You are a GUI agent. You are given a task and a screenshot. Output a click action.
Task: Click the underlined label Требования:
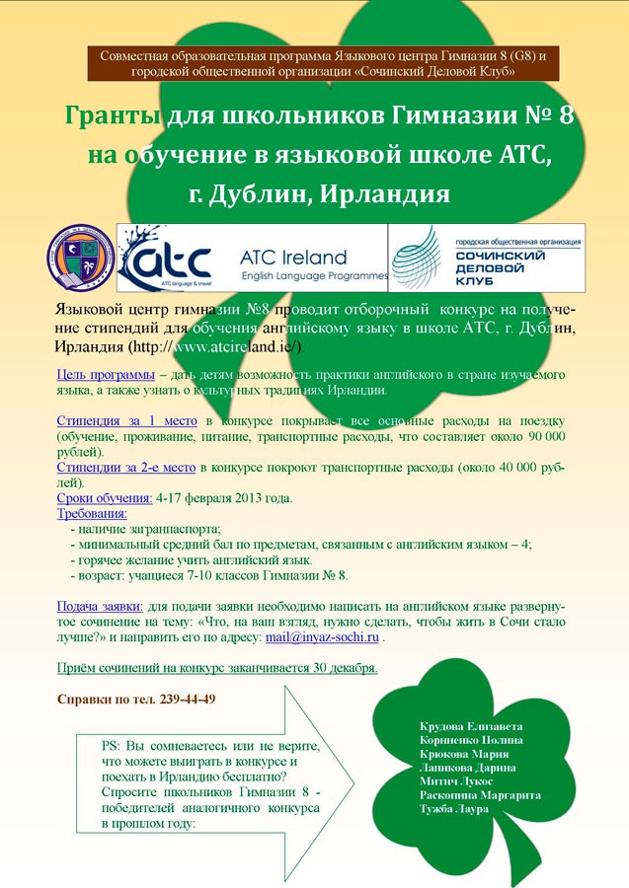pos(92,514)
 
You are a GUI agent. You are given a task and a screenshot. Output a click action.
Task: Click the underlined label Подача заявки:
pos(101,608)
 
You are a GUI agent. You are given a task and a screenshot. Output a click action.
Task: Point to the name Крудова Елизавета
pos(471,726)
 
